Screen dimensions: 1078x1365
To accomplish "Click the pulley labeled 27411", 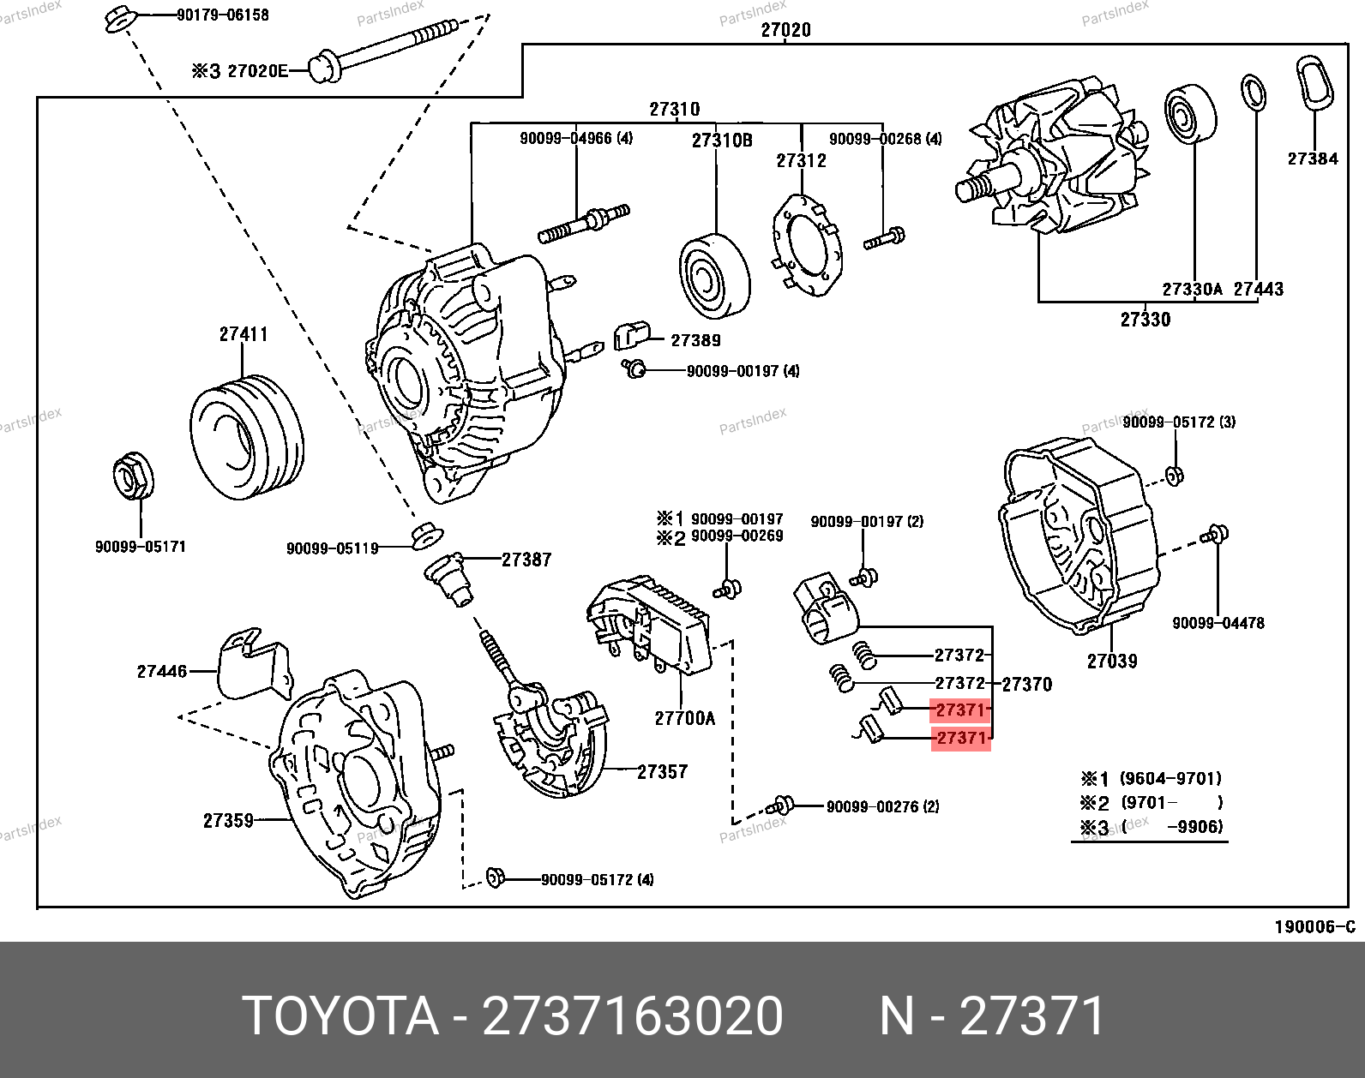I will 246,437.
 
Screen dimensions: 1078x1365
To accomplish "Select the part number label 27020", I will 785,30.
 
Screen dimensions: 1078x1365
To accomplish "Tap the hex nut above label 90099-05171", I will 132,479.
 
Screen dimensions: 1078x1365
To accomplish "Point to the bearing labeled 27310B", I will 714,275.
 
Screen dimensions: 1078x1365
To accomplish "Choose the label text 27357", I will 663,772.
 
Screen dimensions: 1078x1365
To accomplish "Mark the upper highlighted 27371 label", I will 960,710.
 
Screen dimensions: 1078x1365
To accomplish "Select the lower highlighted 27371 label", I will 960,738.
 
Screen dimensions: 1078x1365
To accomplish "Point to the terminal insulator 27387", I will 451,579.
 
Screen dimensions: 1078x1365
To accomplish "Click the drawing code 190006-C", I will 1314,926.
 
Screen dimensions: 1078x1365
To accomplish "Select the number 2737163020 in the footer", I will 633,1017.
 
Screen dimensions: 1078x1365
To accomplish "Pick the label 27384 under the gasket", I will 1312,159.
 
